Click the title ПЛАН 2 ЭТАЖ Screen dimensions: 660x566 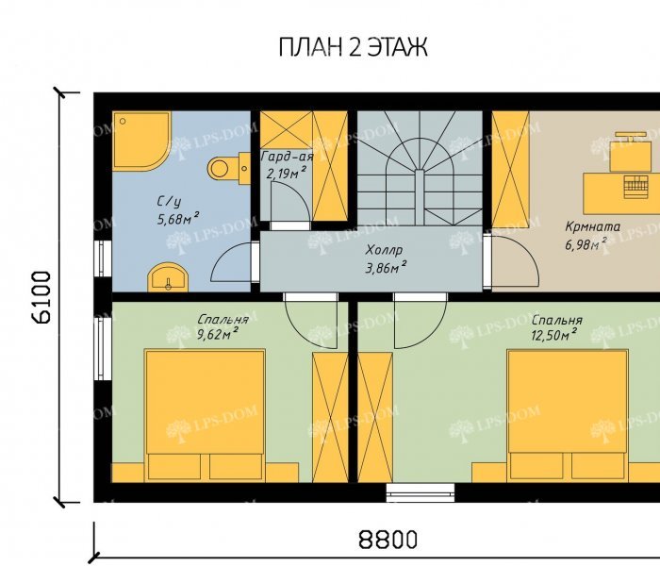(x=353, y=47)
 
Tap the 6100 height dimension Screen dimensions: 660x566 (x=42, y=297)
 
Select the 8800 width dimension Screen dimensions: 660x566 (x=388, y=540)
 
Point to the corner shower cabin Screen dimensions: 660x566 (x=141, y=141)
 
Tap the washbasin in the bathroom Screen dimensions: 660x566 (x=168, y=277)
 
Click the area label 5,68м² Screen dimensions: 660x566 (x=177, y=219)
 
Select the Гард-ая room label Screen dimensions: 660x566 (x=287, y=158)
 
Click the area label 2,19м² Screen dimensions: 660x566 (x=286, y=173)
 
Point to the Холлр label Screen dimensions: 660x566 (x=384, y=251)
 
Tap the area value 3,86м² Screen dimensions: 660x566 (x=386, y=268)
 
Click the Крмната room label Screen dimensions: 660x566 (x=593, y=227)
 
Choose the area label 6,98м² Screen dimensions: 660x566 (x=586, y=244)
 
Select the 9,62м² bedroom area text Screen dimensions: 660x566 (x=218, y=335)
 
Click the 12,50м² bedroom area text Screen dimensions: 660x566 (x=553, y=336)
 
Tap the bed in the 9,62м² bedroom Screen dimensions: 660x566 (x=205, y=415)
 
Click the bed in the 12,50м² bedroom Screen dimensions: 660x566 (x=568, y=415)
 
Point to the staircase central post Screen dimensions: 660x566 (x=420, y=197)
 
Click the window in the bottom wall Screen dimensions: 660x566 (x=421, y=492)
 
